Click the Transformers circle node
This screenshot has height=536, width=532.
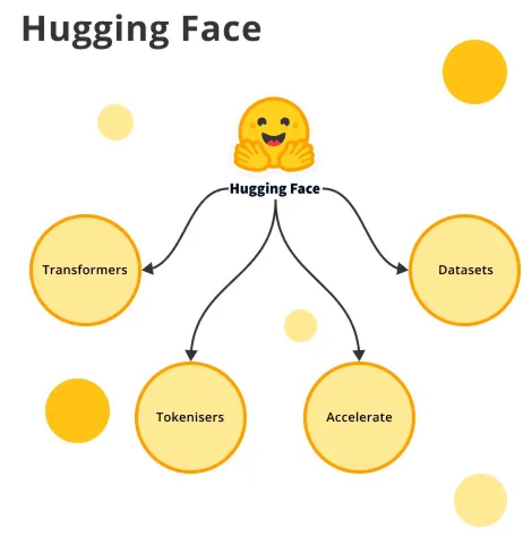click(85, 270)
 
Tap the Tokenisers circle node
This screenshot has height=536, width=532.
click(190, 417)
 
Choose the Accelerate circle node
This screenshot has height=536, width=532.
click(359, 417)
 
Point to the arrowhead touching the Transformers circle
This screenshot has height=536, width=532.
click(148, 269)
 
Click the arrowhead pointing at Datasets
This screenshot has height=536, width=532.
click(401, 269)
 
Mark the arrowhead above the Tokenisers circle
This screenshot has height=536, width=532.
click(191, 355)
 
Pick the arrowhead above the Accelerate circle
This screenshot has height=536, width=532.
click(358, 355)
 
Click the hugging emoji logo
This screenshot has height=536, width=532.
click(274, 136)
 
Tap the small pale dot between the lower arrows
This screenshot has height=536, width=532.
click(301, 326)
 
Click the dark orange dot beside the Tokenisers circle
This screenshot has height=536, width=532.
click(77, 410)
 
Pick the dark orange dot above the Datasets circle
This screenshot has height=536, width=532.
click(474, 72)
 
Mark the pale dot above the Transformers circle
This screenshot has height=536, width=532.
click(115, 122)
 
